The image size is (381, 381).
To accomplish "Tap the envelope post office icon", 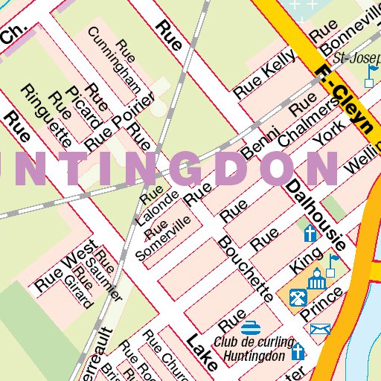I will (x=320, y=328).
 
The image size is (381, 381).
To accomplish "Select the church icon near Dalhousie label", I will (x=310, y=234).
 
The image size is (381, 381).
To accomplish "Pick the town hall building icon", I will (x=317, y=280).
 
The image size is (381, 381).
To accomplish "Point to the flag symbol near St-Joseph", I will (x=371, y=74).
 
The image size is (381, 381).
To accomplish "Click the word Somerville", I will (x=163, y=239).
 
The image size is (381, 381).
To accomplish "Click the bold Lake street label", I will (x=202, y=353).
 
